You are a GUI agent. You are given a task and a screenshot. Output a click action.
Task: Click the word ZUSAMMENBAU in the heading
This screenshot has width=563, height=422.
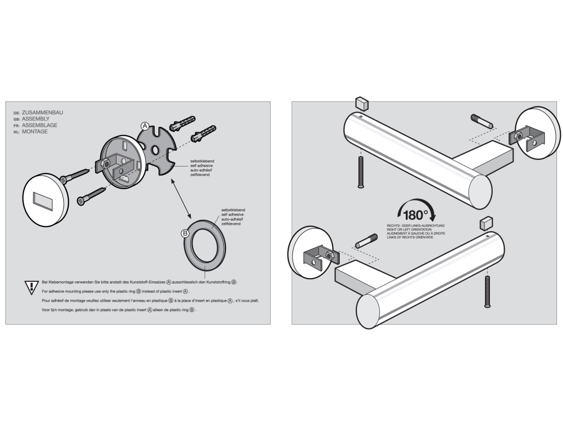pyautogui.click(x=42, y=112)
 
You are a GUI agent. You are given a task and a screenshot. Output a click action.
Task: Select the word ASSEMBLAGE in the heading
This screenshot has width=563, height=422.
pyautogui.click(x=40, y=125)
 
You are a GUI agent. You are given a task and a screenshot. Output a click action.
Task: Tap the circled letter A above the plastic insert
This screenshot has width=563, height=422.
pyautogui.click(x=145, y=126)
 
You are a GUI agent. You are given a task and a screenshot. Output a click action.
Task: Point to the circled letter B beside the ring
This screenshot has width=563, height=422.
pyautogui.click(x=185, y=234)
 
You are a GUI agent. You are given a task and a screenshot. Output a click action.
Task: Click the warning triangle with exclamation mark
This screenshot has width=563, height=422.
pyautogui.click(x=31, y=287)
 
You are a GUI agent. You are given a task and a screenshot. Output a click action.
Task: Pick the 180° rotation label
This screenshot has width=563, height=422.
pyautogui.click(x=416, y=215)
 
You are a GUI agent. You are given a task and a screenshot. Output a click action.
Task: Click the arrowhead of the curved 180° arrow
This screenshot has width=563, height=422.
pyautogui.click(x=433, y=216)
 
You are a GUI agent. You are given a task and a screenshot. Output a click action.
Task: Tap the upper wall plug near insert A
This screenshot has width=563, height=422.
pyautogui.click(x=182, y=123)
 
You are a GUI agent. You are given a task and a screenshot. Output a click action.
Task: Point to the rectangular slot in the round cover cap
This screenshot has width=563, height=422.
pyautogui.click(x=43, y=200)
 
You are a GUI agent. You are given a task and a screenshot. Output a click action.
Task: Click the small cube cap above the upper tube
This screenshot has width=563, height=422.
pyautogui.click(x=362, y=103)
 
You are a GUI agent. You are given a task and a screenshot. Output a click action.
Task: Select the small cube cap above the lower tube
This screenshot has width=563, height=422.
pyautogui.click(x=486, y=223)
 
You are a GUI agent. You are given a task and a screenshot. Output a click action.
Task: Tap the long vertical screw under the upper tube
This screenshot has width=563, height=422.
pyautogui.click(x=361, y=172)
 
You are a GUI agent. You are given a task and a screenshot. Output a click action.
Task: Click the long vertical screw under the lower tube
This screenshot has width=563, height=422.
pyautogui.click(x=487, y=292)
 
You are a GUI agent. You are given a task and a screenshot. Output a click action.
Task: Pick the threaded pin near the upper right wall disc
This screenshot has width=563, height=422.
pyautogui.click(x=482, y=121)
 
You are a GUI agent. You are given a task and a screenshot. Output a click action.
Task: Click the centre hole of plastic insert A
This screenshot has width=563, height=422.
pyautogui.click(x=156, y=149)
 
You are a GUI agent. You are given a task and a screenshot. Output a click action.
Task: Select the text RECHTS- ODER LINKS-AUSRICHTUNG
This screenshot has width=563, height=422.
pyautogui.click(x=416, y=226)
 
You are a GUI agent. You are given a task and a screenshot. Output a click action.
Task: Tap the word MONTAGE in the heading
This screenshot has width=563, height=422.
pyautogui.click(x=35, y=132)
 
